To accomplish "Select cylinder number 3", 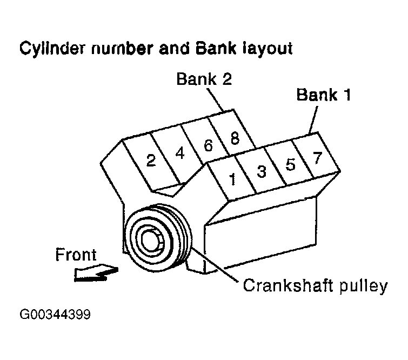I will pos(261,172).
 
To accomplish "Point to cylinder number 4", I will pos(180,153).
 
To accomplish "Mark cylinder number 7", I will pos(317,157).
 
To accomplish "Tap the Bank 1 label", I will pos(324,96).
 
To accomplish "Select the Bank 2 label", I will pos(204,79).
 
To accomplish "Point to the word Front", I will pos(76,255).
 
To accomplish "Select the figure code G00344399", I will pos(54,315).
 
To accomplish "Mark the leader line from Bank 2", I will pos(218,99).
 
